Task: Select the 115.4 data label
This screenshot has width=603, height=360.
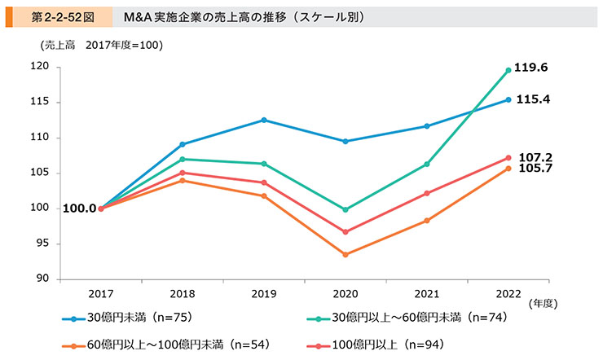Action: pyautogui.click(x=541, y=99)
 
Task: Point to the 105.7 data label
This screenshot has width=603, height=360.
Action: pyautogui.click(x=541, y=169)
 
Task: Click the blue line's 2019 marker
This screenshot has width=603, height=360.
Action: pyautogui.click(x=263, y=120)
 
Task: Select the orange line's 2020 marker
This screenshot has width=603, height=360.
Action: pyautogui.click(x=345, y=255)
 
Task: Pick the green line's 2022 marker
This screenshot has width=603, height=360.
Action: pyautogui.click(x=508, y=70)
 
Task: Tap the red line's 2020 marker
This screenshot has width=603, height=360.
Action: pyautogui.click(x=345, y=232)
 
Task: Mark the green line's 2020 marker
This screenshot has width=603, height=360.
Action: pyautogui.click(x=345, y=209)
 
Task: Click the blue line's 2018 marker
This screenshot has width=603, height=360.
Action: pyautogui.click(x=182, y=144)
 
